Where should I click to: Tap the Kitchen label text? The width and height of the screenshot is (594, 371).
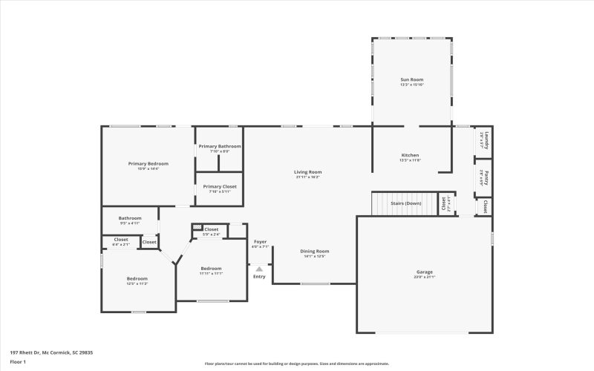click(411, 155)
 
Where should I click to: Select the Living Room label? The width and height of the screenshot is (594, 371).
click(307, 172)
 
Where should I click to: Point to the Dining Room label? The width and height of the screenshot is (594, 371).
click(314, 252)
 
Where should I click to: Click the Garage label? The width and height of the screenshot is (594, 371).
click(424, 272)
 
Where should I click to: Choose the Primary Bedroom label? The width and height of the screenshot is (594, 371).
click(148, 164)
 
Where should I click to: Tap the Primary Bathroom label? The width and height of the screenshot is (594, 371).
click(219, 147)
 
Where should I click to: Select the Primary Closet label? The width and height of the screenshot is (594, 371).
click(219, 187)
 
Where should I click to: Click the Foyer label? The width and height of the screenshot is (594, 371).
click(260, 242)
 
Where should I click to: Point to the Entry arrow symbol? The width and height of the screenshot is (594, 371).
click(259, 269)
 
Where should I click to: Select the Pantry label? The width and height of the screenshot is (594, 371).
click(483, 176)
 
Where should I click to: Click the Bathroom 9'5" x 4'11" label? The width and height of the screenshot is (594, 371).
click(130, 219)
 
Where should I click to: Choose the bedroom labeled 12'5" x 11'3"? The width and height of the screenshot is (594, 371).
click(137, 280)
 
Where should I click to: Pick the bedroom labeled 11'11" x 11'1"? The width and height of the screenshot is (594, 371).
click(211, 269)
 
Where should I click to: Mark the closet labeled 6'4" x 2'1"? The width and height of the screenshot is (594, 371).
click(120, 240)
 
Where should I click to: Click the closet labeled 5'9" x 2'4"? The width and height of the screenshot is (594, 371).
click(211, 230)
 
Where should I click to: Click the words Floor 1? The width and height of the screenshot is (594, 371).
click(18, 361)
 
